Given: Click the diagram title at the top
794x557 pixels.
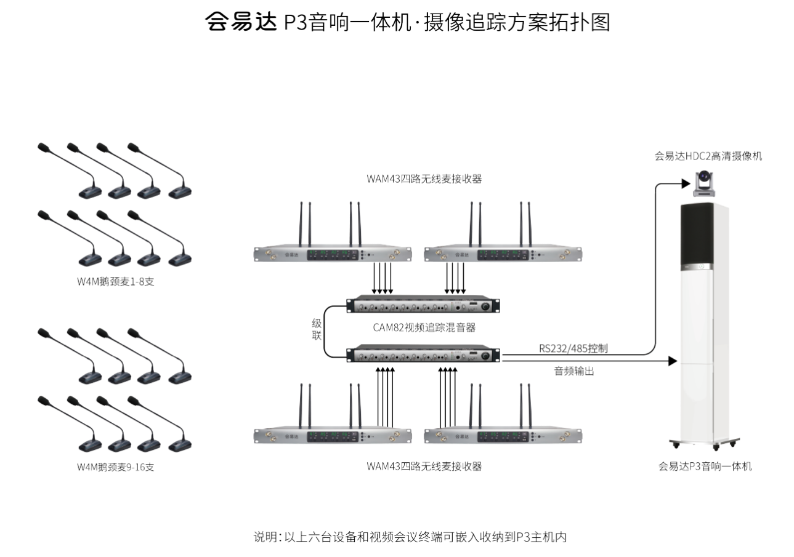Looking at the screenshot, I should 407,23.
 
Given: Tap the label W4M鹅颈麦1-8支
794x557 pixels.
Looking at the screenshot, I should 115,281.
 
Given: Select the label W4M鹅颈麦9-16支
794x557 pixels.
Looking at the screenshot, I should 115,467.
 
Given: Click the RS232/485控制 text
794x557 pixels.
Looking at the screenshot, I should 573,348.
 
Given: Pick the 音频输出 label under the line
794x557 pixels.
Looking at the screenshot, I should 573,371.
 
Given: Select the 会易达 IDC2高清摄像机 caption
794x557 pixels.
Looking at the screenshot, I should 708,156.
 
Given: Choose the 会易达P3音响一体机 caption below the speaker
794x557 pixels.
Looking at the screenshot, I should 705,467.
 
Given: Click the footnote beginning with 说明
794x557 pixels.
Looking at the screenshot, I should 410,537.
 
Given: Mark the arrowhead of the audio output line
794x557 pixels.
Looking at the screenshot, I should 673,361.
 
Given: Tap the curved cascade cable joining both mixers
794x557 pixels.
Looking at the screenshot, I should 326,331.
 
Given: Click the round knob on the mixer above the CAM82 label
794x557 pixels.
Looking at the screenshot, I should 486,307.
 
